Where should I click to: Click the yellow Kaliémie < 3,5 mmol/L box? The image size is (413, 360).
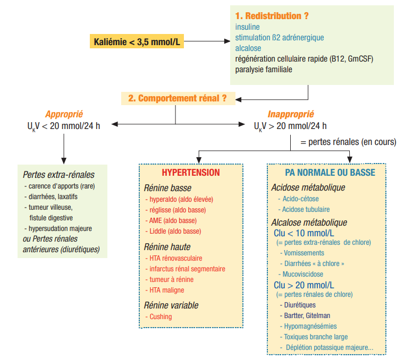tap(137, 40)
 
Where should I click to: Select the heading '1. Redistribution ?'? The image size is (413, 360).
tap(272, 16)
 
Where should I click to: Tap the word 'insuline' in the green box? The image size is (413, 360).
tap(248, 27)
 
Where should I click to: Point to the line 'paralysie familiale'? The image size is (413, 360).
tap(264, 69)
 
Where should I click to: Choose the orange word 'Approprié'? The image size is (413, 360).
tap(64, 114)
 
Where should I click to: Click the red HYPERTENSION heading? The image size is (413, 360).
tap(190, 173)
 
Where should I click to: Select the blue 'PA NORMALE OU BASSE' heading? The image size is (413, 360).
tap(330, 173)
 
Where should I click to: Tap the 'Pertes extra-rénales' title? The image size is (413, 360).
tap(58, 175)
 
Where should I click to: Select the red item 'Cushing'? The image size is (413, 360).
tap(161, 317)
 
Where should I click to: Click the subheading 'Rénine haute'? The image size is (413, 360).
tap(167, 247)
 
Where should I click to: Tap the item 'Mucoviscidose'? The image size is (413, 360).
tap(302, 274)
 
